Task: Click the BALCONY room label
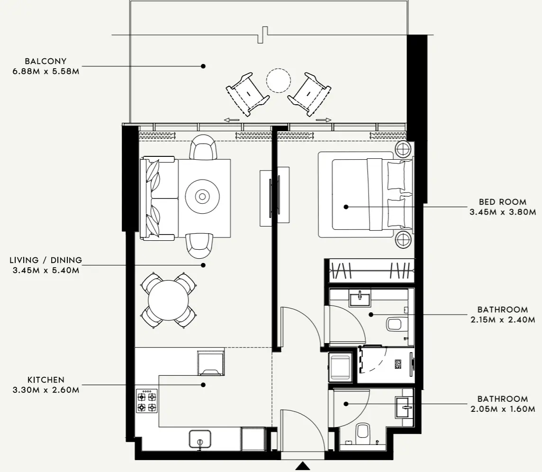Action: pos(46,61)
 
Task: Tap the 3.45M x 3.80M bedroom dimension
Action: pos(503,212)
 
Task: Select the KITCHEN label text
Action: pos(46,380)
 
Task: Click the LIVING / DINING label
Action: pos(46,260)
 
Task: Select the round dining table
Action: pos(168,300)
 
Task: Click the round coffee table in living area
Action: pos(202,196)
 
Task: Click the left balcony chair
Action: pos(247,93)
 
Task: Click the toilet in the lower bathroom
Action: pos(362,432)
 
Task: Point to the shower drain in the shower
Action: pos(398,364)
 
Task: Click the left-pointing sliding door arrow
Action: pos(232,120)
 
